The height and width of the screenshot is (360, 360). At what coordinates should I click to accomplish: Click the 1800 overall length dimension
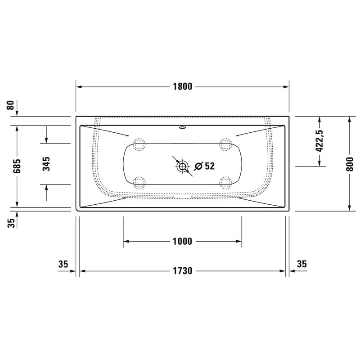(x=182, y=86)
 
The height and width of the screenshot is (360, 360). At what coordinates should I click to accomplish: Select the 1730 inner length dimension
(x=183, y=271)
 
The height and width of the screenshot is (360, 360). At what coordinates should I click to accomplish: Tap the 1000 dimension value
(x=182, y=241)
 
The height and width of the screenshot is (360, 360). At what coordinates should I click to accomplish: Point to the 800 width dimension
(x=350, y=164)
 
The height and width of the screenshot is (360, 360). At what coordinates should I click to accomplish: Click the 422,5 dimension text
(x=319, y=141)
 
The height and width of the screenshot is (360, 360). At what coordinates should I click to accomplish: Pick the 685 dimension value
(x=17, y=166)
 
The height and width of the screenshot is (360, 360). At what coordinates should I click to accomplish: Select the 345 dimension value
(x=46, y=164)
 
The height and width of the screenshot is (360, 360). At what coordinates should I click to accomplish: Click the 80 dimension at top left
(x=10, y=105)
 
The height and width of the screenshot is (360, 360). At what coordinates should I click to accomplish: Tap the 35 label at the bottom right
(x=301, y=264)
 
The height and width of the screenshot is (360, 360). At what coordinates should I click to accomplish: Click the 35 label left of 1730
(x=63, y=264)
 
